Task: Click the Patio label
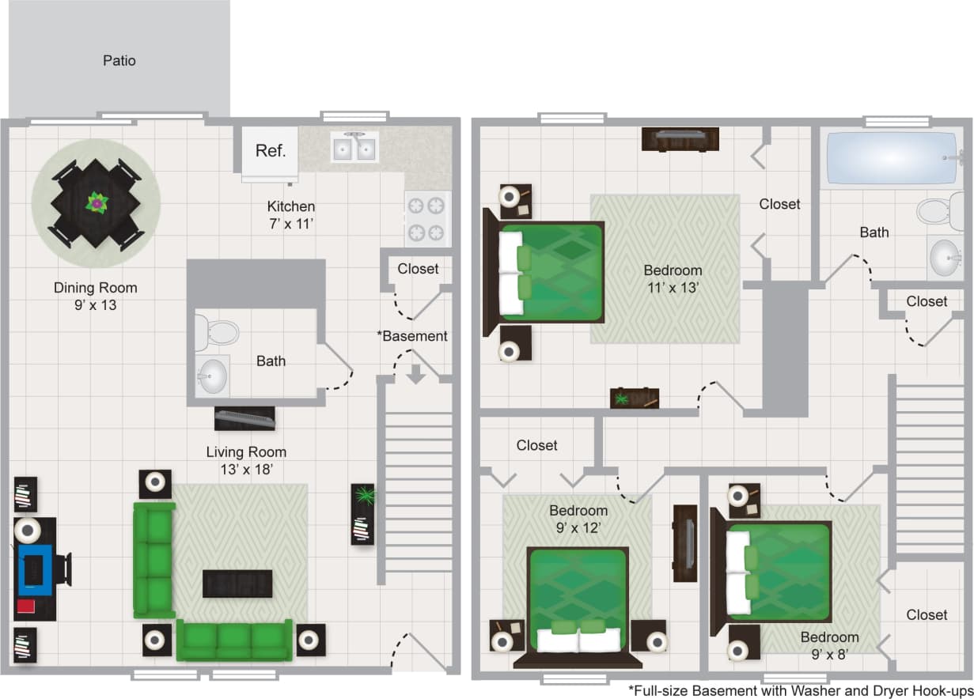click(119, 61)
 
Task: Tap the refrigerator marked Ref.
click(270, 151)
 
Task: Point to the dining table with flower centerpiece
click(96, 204)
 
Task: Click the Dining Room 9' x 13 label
click(96, 296)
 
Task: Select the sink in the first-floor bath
click(212, 376)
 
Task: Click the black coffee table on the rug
click(237, 584)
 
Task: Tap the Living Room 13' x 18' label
click(246, 460)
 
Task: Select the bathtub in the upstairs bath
click(891, 158)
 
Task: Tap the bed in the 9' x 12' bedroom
click(578, 601)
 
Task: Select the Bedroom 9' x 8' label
click(829, 645)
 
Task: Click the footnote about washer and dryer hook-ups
click(799, 690)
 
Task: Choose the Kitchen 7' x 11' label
click(291, 214)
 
